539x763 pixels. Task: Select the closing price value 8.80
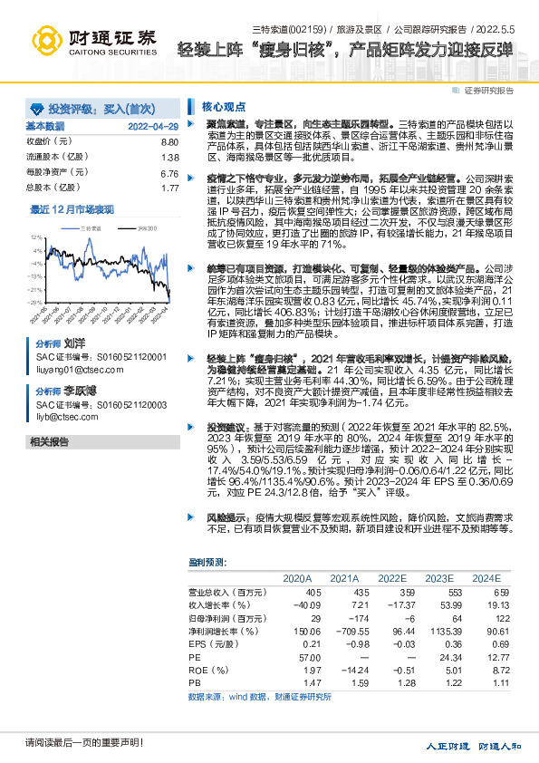click(169, 143)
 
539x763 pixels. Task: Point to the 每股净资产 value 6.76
click(169, 173)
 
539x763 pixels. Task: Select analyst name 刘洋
click(74, 345)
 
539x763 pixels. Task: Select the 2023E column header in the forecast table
click(438, 577)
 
